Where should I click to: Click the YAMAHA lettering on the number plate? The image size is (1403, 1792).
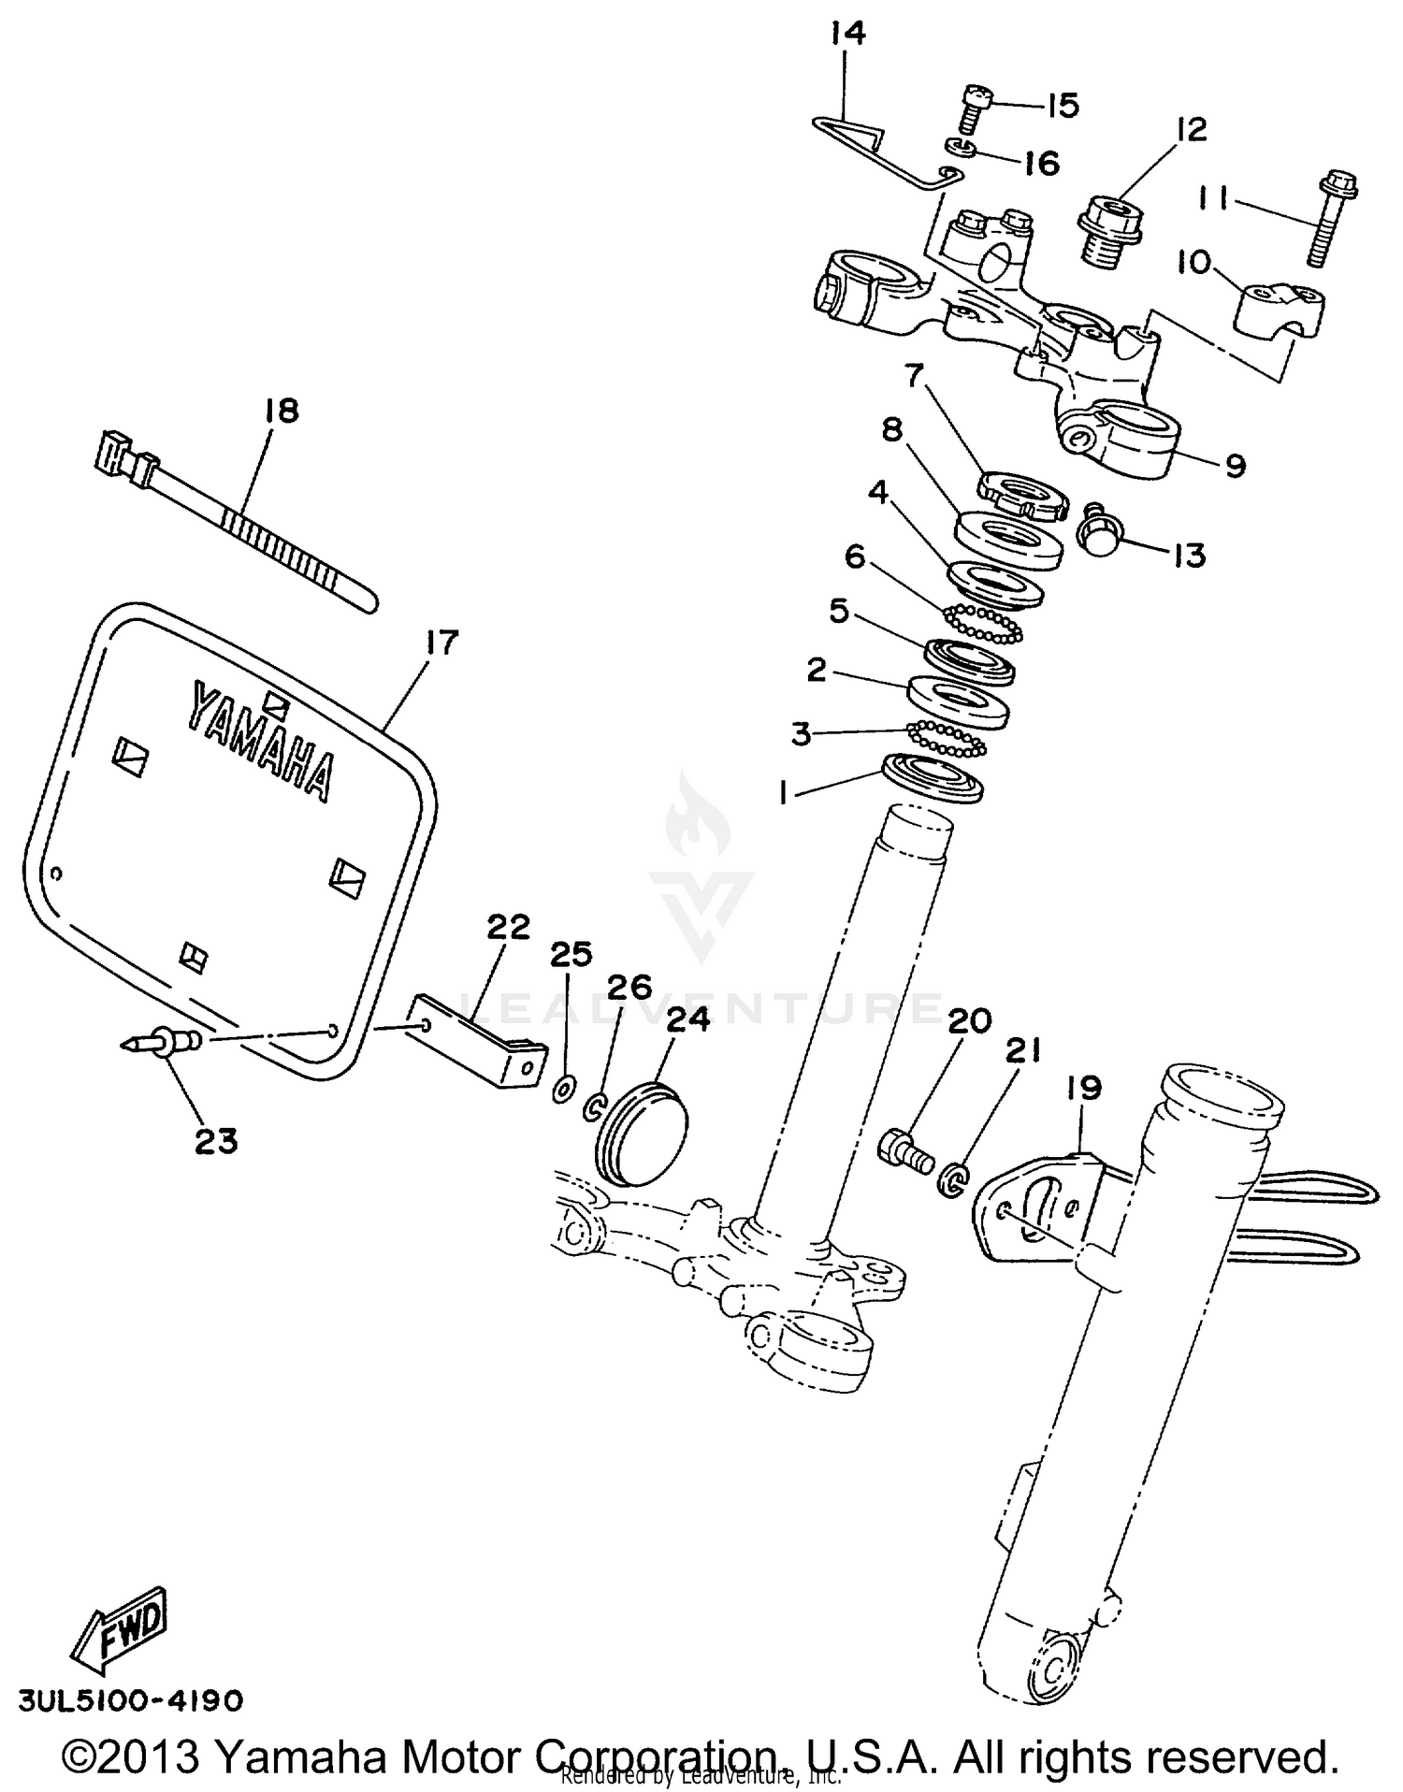[x=261, y=740]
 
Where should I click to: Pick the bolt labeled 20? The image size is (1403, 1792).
[x=905, y=1149]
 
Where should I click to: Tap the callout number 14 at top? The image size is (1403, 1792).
[x=847, y=35]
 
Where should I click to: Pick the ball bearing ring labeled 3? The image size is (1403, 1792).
[x=947, y=737]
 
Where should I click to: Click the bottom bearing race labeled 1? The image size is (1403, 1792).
[x=933, y=777]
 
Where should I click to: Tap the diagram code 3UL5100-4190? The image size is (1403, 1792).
[x=131, y=1699]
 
